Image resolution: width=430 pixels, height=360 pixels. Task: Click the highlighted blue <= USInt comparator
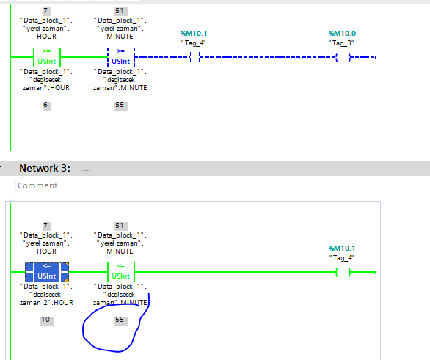pyautogui.click(x=47, y=272)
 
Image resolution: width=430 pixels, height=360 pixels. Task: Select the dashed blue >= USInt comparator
pyautogui.click(x=121, y=57)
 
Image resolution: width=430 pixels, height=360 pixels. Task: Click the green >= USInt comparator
pyautogui.click(x=47, y=57)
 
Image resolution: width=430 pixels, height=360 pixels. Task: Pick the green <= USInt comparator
pyautogui.click(x=121, y=272)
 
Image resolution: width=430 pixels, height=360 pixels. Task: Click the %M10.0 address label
pyautogui.click(x=342, y=34)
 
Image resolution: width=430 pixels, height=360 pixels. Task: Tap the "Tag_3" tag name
pyautogui.click(x=341, y=43)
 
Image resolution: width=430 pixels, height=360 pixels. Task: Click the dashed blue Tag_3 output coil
pyautogui.click(x=343, y=57)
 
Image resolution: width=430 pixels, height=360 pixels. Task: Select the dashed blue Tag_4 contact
pyautogui.click(x=195, y=57)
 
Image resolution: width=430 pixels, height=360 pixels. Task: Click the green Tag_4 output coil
pyautogui.click(x=343, y=272)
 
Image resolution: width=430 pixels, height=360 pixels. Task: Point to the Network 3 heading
pyautogui.click(x=45, y=168)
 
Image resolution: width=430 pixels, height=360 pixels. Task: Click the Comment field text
pyautogui.click(x=37, y=185)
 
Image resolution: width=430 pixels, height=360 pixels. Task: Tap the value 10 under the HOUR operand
pyautogui.click(x=45, y=320)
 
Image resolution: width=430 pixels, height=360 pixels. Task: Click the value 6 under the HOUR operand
pyautogui.click(x=45, y=105)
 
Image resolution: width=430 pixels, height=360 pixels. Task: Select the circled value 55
pyautogui.click(x=120, y=320)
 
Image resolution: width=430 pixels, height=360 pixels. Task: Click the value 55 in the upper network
pyautogui.click(x=120, y=105)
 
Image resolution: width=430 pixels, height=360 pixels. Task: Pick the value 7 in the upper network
pyautogui.click(x=45, y=11)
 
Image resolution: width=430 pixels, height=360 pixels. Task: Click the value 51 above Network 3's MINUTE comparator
pyautogui.click(x=120, y=226)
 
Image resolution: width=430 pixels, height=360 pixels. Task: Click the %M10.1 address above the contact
pyautogui.click(x=194, y=34)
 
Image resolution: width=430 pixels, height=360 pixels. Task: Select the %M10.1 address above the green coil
pyautogui.click(x=342, y=249)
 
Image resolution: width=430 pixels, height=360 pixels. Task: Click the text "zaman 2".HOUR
pyautogui.click(x=46, y=303)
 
